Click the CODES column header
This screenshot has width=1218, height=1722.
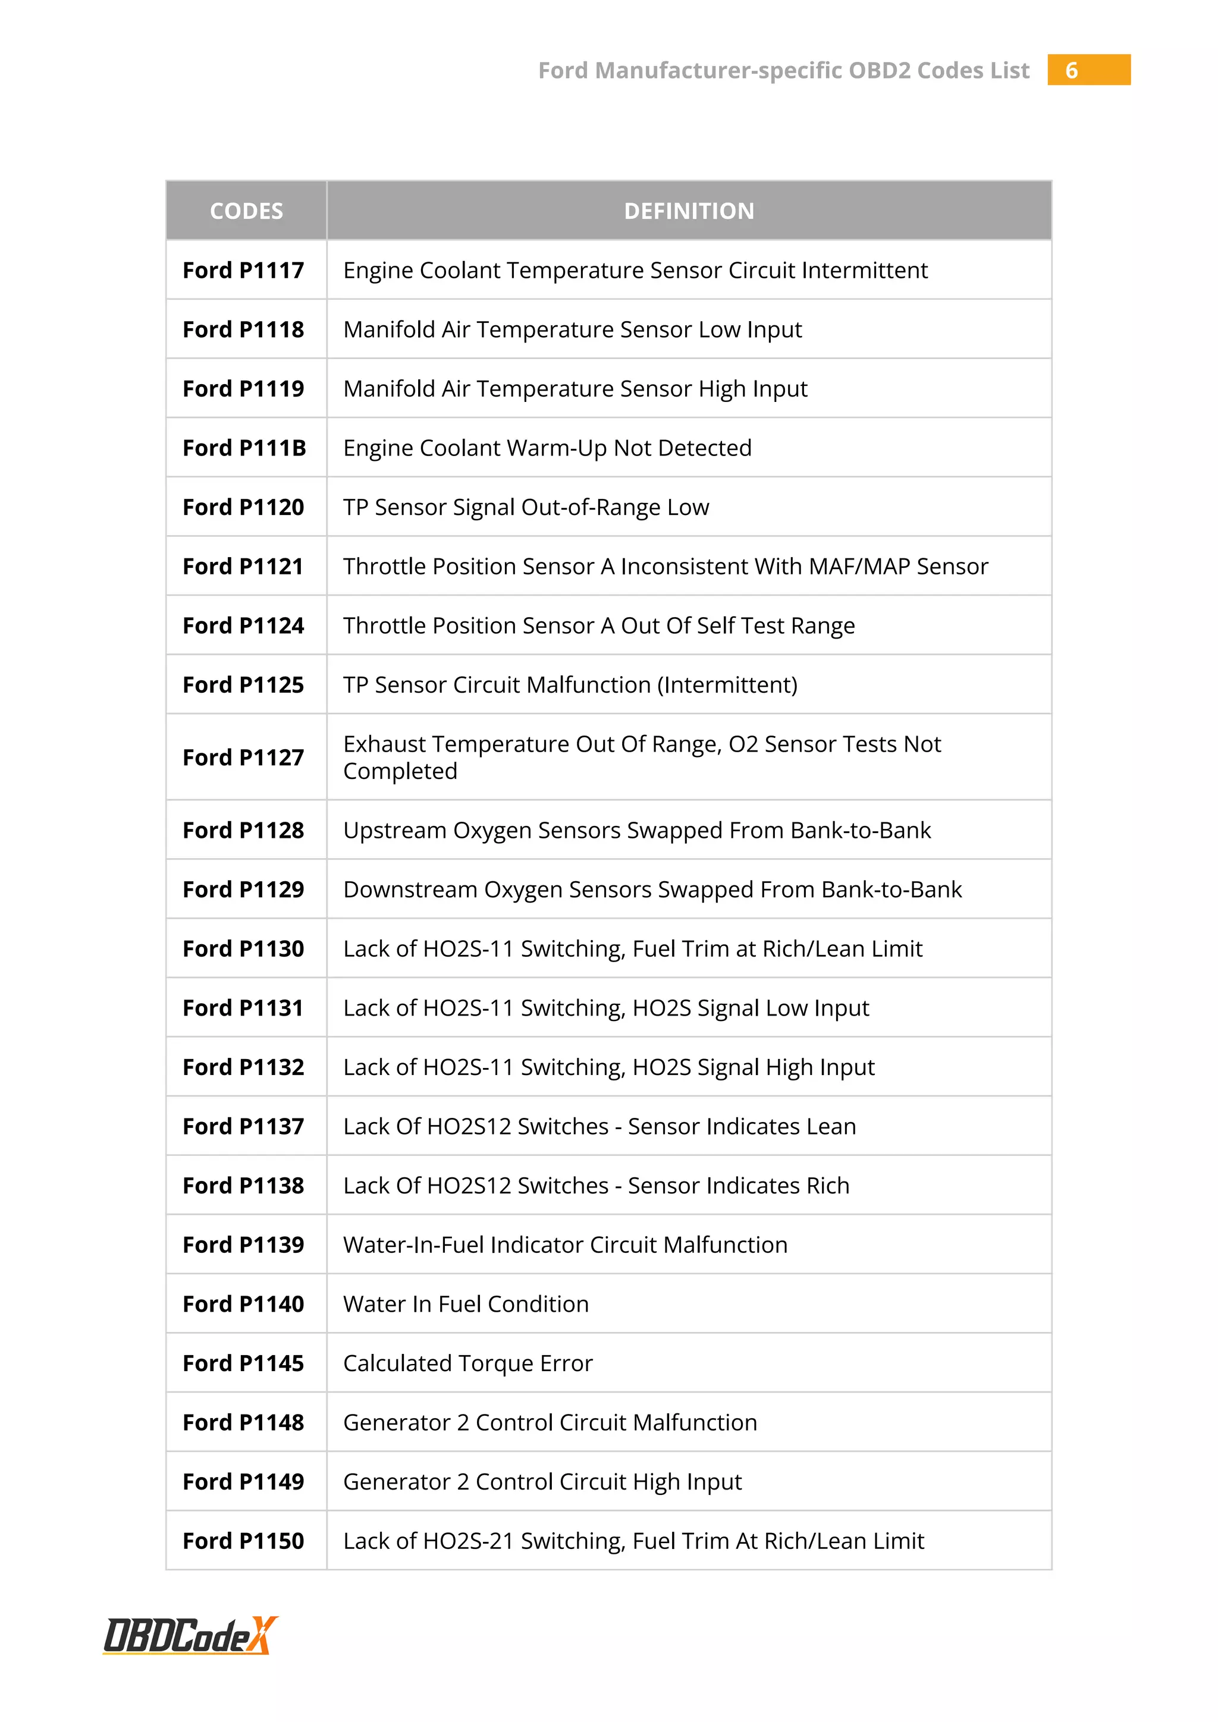246,210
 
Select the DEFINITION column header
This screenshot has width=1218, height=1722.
689,210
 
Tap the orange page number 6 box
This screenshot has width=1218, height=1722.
1088,70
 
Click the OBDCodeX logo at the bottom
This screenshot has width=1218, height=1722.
190,1635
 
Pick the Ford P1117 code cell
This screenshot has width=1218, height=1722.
244,270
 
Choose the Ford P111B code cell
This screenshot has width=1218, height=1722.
244,448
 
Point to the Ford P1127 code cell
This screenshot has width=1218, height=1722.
244,758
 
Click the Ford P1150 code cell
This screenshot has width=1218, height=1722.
244,1541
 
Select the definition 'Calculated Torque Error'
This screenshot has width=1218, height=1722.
468,1363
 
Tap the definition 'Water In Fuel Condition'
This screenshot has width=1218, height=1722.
466,1303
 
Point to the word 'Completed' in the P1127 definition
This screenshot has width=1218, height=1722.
400,771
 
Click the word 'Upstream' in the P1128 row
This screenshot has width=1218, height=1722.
394,830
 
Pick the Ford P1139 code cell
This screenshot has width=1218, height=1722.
244,1245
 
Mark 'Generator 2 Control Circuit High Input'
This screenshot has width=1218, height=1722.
542,1481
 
